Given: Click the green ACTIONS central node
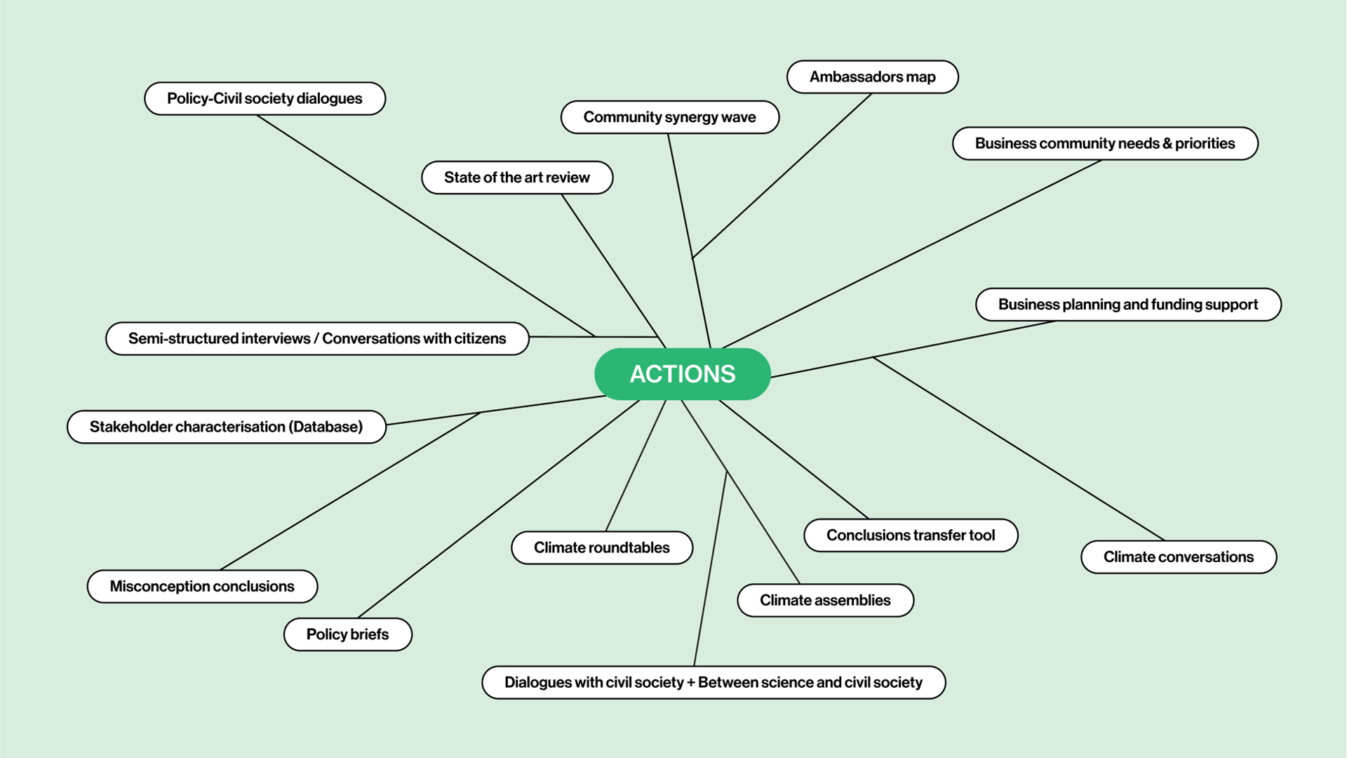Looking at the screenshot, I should point(682,374).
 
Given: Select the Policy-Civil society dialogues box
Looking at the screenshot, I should point(264,98).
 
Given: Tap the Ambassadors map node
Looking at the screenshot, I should point(872,77).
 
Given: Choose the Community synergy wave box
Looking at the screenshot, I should point(669,117).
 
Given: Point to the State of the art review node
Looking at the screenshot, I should point(517,178).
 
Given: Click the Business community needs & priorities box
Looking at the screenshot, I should point(1104,143).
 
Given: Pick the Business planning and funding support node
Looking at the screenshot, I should point(1127,305).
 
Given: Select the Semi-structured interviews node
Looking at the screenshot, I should point(317,338).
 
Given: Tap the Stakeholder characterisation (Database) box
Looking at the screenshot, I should point(226,427).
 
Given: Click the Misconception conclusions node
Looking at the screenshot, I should point(202,586).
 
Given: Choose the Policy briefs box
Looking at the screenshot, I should point(347,634).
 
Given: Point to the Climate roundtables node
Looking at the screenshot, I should point(601,547).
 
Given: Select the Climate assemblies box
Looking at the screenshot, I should point(825,600).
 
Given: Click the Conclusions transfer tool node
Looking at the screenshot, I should point(911,535).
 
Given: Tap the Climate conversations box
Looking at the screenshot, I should point(1178,557).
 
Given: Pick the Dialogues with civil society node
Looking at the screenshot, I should point(713,682).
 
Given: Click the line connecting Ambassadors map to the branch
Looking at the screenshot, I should point(782,175).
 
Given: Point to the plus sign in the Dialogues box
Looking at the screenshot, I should point(690,683).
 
